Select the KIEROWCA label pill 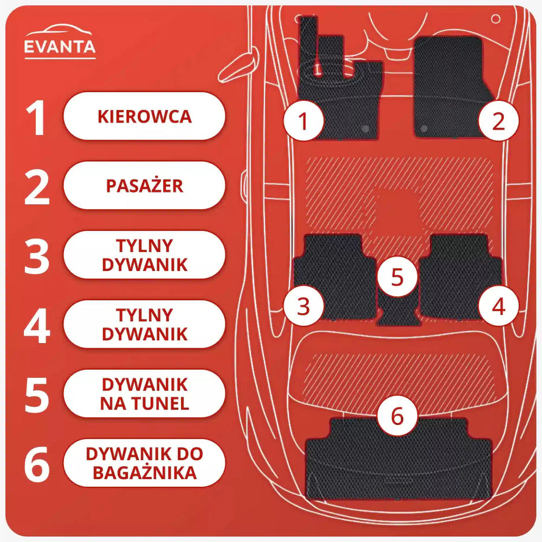pos(144,116)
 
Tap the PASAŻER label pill pos(144,186)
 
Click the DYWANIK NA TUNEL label pos(144,394)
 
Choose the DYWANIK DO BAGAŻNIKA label pos(144,463)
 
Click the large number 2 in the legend pos(37,186)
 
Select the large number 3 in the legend pos(37,255)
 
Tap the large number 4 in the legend pos(37,325)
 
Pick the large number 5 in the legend pos(37,394)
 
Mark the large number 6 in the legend pos(37,464)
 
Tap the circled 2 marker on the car pos(498,121)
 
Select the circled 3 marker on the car pos(303,306)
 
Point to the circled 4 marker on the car pos(498,306)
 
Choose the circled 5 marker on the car pos(397,276)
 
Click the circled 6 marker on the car pos(397,416)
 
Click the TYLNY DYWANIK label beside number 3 pos(144,255)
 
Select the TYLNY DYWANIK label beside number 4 pos(144,324)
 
